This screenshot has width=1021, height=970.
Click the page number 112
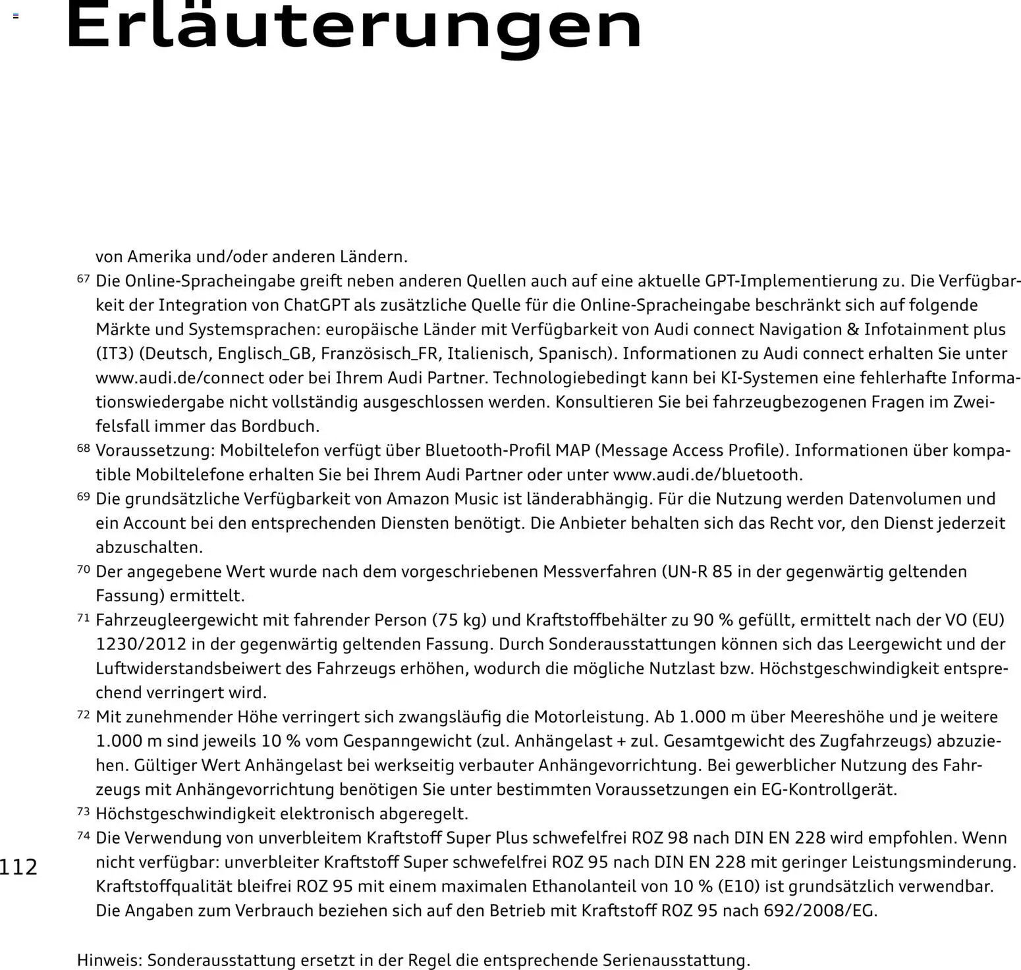[19, 867]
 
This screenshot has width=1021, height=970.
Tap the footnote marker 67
[83, 279]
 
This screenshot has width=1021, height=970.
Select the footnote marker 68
[83, 448]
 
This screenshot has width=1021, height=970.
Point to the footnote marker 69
[83, 497]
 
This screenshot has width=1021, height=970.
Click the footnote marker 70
[83, 569]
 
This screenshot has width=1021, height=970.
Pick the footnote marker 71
[83, 618]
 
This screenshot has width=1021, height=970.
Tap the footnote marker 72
[83, 714]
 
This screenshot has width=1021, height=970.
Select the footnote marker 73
[83, 811]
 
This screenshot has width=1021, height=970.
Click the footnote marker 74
[83, 836]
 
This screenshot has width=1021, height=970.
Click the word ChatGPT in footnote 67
[316, 306]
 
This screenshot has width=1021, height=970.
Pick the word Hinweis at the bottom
[109, 960]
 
